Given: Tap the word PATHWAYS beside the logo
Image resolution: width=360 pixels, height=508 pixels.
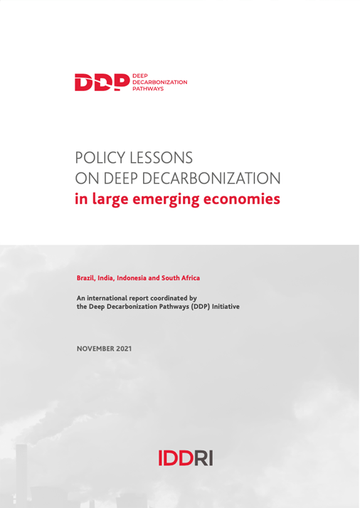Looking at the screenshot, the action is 148,90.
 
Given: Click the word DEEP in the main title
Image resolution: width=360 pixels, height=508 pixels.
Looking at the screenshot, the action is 134,177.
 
